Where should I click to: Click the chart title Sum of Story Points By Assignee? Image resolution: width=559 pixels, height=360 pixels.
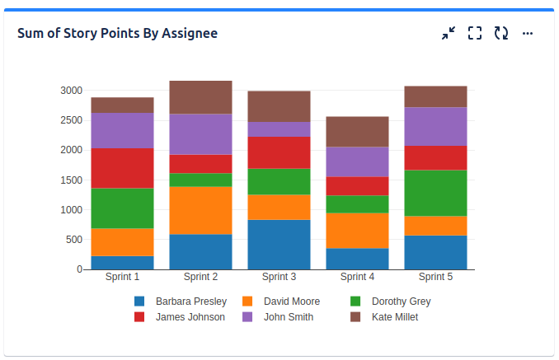click(x=118, y=33)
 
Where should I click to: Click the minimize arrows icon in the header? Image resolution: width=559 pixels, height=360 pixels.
click(x=448, y=33)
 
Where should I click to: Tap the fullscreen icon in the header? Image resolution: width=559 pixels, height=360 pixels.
click(x=474, y=33)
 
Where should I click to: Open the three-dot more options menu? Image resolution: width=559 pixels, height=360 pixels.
click(x=528, y=33)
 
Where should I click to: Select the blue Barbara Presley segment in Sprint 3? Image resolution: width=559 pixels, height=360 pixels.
click(x=279, y=245)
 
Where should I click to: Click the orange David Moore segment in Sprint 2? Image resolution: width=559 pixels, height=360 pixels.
click(x=200, y=211)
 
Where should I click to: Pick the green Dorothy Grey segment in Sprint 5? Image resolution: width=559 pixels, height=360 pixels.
click(x=435, y=193)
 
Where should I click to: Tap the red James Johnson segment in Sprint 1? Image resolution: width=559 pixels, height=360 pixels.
click(x=122, y=168)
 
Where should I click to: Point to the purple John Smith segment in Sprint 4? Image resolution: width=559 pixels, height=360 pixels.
click(x=357, y=161)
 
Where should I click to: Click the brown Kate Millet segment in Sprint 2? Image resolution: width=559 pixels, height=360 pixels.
click(x=200, y=97)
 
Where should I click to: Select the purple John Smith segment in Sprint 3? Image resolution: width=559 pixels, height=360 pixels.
click(x=279, y=129)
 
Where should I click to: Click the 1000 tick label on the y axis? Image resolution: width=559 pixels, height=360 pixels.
click(x=71, y=210)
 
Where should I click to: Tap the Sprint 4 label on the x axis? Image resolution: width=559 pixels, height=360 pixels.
click(x=357, y=277)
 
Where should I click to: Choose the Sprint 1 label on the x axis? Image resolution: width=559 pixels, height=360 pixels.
click(x=122, y=277)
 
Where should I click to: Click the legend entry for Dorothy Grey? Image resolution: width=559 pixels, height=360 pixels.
click(x=401, y=302)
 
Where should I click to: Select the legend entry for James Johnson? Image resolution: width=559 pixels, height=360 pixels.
click(x=190, y=317)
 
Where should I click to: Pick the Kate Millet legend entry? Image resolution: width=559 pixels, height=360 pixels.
click(x=394, y=317)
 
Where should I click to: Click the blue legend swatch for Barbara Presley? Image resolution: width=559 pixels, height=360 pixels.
click(x=139, y=302)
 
